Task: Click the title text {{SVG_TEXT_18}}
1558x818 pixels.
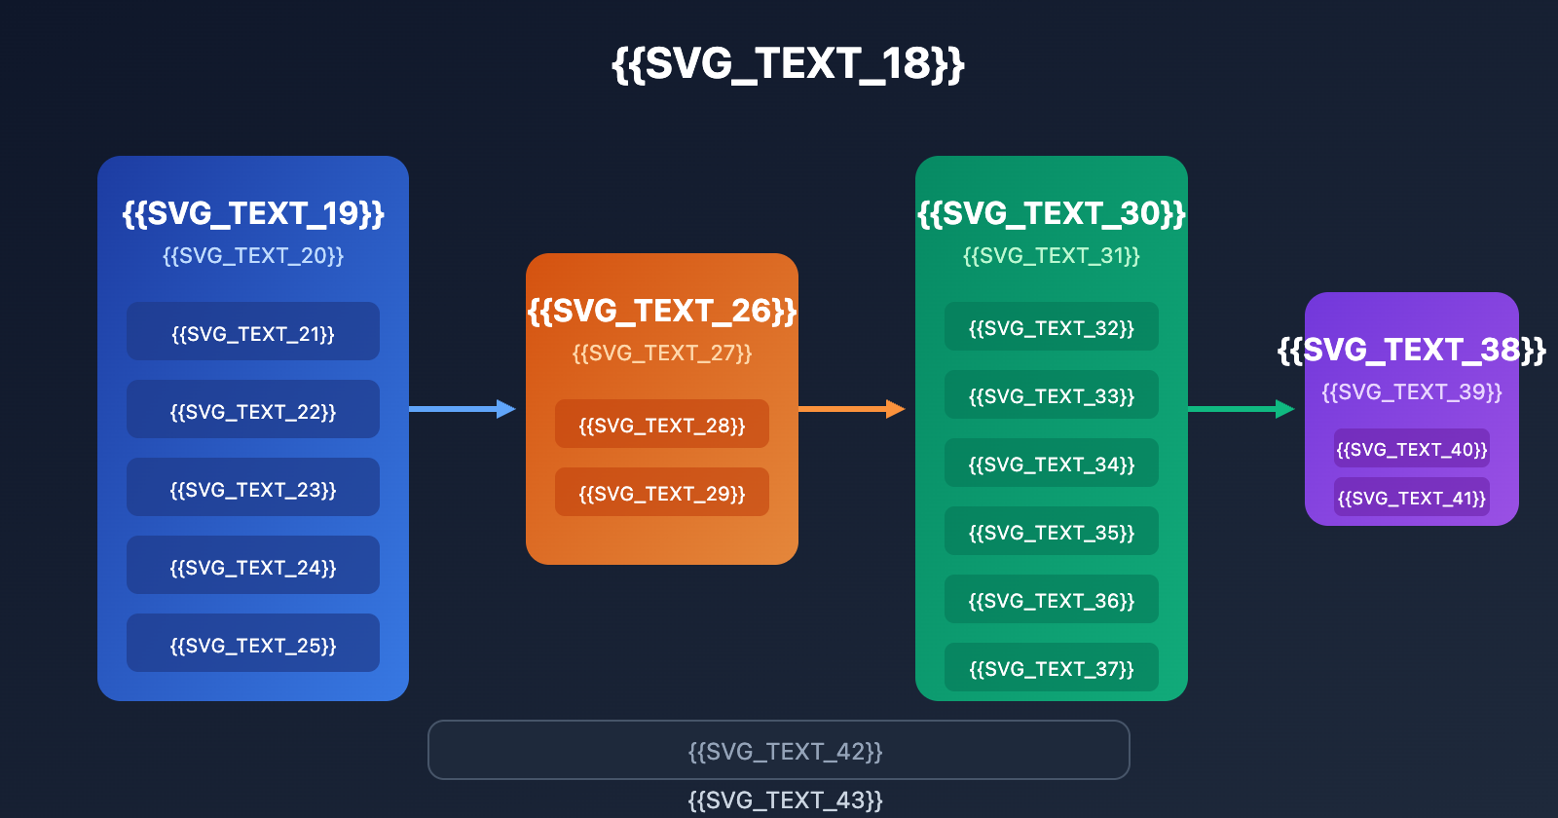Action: [x=788, y=64]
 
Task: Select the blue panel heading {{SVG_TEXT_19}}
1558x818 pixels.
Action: [x=253, y=213]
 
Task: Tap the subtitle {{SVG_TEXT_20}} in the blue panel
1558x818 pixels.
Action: [x=253, y=256]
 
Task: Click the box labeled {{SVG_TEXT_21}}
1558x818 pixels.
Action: [x=253, y=332]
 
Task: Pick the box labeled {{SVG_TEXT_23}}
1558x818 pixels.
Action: [x=253, y=488]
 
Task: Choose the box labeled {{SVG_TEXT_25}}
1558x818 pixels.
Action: [x=253, y=644]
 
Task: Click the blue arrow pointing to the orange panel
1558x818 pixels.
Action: [x=462, y=409]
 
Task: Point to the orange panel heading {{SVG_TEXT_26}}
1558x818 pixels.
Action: [x=662, y=311]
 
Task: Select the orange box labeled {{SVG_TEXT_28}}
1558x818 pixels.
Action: [x=662, y=425]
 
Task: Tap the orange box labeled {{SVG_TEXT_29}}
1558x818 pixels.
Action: [x=662, y=493]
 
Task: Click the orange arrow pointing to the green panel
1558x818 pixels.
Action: [x=851, y=409]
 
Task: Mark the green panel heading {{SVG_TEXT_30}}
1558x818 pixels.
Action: [x=1052, y=213]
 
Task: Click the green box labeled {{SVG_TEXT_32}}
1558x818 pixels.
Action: [x=1052, y=327]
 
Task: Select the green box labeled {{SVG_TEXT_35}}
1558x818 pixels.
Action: [x=1052, y=532]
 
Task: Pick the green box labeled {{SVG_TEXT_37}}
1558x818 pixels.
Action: [x=1052, y=668]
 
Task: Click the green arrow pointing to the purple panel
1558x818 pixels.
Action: [x=1241, y=409]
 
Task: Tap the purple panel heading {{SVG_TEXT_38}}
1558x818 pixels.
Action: [x=1412, y=350]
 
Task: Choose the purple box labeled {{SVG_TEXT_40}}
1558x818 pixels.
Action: [x=1412, y=449]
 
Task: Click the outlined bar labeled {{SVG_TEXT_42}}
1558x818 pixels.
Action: [x=779, y=751]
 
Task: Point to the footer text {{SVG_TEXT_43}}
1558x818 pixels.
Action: [x=785, y=800]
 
